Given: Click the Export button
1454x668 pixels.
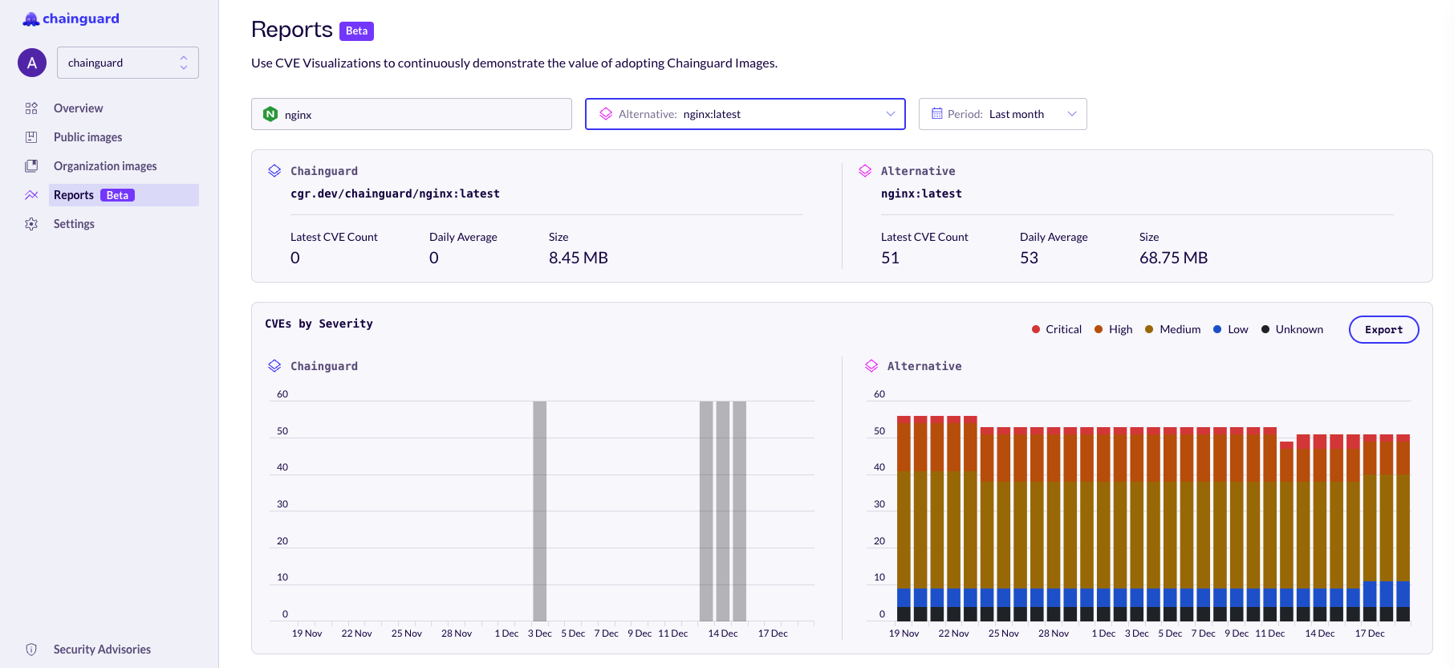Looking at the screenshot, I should click(x=1383, y=330).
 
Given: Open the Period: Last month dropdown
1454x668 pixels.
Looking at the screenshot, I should click(x=1002, y=114).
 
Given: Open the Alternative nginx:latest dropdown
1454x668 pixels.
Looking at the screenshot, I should click(x=745, y=114).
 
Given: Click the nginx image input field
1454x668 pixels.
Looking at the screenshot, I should click(x=411, y=114).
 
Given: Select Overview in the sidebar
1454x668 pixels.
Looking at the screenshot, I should click(x=78, y=108).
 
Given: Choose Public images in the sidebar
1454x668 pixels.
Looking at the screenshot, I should click(x=87, y=137).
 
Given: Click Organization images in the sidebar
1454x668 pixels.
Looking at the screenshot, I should click(x=105, y=166).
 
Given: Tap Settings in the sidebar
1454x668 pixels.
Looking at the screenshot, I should click(x=74, y=224).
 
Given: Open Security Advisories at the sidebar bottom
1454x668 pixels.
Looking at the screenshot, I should click(x=102, y=650).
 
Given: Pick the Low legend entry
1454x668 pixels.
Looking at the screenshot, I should click(x=1231, y=329).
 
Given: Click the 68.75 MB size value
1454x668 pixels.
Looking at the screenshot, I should click(x=1173, y=258).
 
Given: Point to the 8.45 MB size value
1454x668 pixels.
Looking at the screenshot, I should click(x=578, y=258).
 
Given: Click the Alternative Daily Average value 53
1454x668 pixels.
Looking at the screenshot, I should click(x=1029, y=258).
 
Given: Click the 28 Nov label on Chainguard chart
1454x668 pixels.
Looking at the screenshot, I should click(x=457, y=633).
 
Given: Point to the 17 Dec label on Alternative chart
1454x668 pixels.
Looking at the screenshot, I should click(x=1369, y=633).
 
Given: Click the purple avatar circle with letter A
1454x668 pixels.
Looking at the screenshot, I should click(x=32, y=63).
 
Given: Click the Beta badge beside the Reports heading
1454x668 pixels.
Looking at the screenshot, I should click(x=356, y=31).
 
